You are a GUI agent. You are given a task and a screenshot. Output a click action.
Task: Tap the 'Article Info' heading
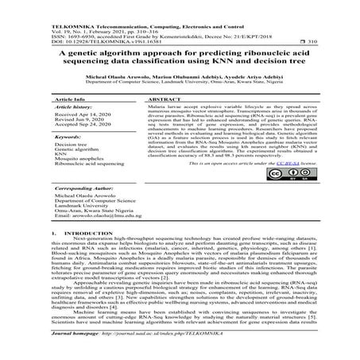tap(68, 116)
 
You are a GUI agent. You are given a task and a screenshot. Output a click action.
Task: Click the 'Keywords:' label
tap(70, 160)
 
